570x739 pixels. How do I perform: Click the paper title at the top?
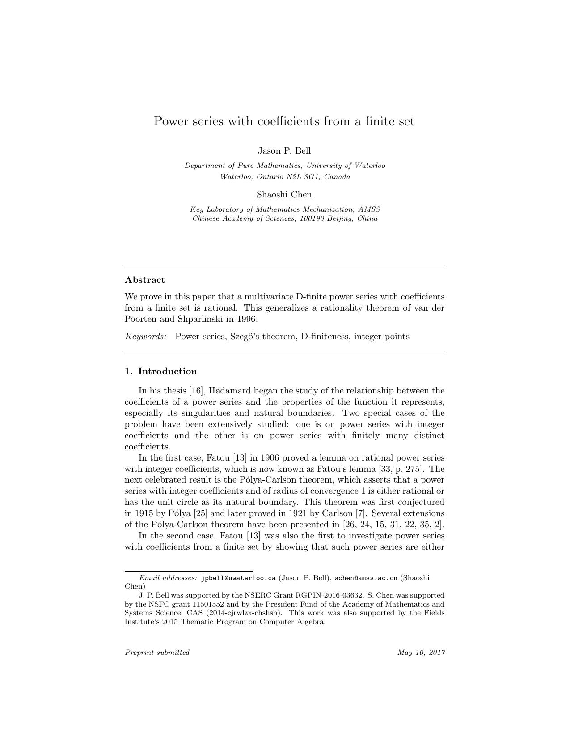284,121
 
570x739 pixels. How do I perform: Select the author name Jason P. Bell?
284,150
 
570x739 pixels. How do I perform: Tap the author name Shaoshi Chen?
284,194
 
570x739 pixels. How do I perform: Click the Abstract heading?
145,280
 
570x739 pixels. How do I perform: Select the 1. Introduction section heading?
161,372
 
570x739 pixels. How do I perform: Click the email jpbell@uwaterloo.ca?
238,578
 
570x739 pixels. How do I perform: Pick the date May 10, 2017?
421,653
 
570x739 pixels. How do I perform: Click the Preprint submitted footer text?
157,653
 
